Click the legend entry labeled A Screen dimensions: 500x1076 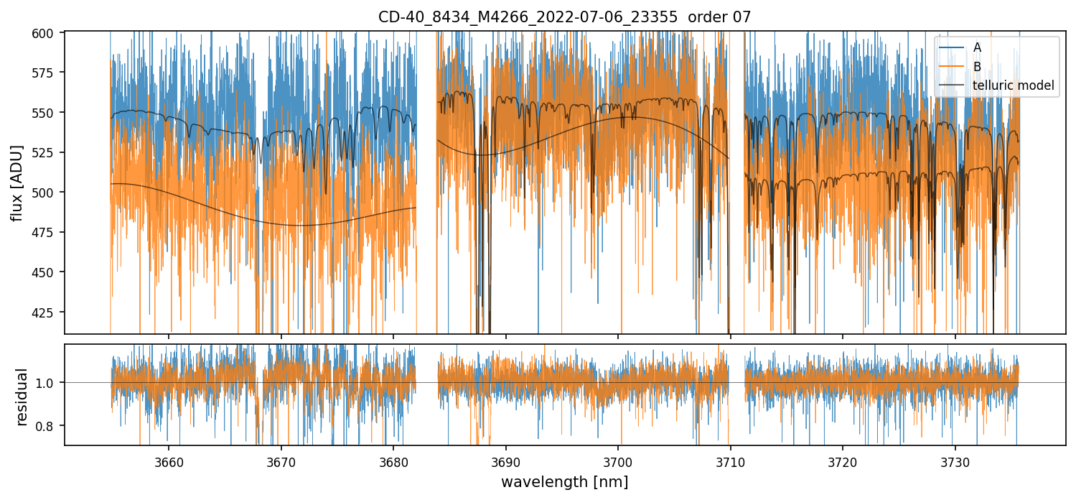977,47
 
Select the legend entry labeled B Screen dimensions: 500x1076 977,67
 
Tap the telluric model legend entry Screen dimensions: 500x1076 1013,85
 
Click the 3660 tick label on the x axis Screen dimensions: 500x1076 169,461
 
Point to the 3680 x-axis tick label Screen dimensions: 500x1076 393,461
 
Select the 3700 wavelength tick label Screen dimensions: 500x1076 618,461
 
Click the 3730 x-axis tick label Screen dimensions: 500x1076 955,461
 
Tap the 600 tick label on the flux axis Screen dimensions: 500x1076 48,33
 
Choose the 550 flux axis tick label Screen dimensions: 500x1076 48,113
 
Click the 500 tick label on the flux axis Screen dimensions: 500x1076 48,193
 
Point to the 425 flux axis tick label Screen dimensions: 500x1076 48,312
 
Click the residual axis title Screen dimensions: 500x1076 22,397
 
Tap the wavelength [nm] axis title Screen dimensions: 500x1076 564,481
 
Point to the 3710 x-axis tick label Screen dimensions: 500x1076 730,461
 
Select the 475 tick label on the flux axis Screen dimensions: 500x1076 48,233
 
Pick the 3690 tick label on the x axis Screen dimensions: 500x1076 506,461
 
